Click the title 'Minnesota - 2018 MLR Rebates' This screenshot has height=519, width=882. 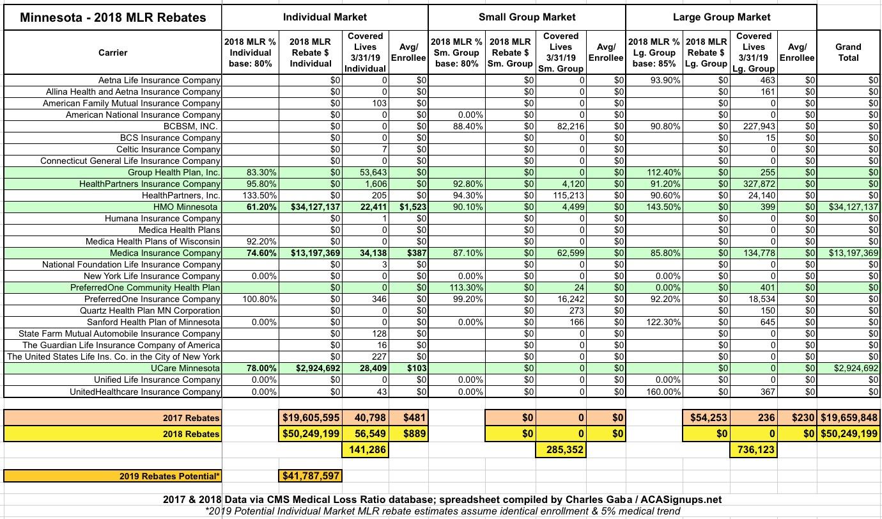(113, 17)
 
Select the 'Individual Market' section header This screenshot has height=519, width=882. (325, 17)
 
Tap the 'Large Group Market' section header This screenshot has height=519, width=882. (722, 17)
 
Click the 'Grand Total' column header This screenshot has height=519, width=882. (848, 52)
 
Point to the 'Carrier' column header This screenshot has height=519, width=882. (113, 52)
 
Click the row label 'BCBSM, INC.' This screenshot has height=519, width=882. (191, 126)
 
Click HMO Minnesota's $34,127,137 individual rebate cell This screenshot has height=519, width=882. (311, 207)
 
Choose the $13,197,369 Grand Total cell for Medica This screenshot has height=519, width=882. (848, 253)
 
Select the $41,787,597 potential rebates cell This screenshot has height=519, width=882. (311, 476)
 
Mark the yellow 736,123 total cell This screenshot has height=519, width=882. (754, 450)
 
